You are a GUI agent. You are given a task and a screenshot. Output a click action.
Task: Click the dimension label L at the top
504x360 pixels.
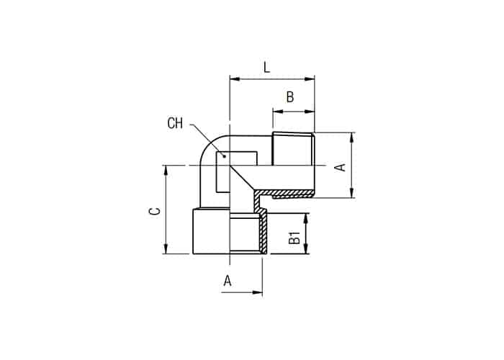[x=267, y=68]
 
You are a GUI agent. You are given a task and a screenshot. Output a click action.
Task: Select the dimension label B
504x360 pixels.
[x=290, y=96]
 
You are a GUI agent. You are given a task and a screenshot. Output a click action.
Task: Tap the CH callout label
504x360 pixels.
[x=175, y=123]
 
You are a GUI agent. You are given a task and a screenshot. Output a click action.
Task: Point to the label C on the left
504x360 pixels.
[x=156, y=211]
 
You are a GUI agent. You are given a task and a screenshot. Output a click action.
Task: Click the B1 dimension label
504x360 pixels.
[x=294, y=237]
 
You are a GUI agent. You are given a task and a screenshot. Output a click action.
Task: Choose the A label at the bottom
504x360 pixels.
[x=228, y=281]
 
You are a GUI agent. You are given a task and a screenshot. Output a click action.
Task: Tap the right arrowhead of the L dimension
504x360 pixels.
[x=309, y=79]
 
